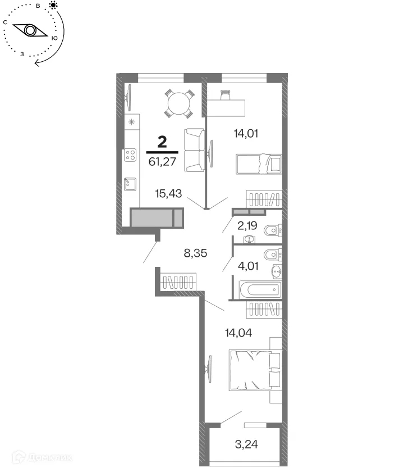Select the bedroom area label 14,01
click(247, 134)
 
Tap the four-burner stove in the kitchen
click(130, 155)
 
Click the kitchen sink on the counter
click(130, 184)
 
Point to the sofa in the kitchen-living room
click(194, 150)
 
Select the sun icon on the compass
click(53, 5)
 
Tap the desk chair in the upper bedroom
click(226, 95)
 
